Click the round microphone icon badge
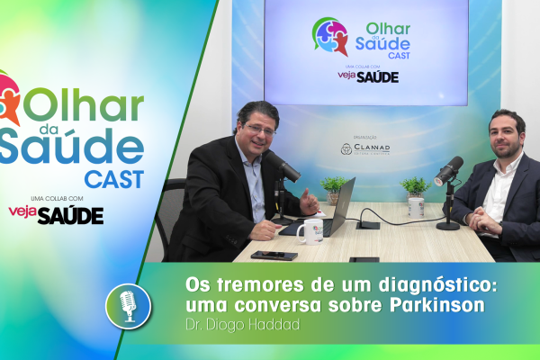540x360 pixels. click(129, 306)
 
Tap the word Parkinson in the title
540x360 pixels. click(437, 305)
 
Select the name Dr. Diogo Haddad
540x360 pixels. click(243, 325)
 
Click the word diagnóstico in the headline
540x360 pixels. click(438, 285)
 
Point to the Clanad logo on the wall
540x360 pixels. click(365, 148)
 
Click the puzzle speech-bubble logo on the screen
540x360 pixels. click(330, 37)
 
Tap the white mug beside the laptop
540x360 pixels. click(310, 231)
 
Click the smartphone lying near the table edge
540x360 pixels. click(274, 256)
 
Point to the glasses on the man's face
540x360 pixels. click(261, 130)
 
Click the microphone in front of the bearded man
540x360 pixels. click(448, 171)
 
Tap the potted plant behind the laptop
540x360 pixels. click(333, 190)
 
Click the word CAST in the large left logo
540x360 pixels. click(114, 179)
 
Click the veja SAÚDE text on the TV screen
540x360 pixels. click(368, 76)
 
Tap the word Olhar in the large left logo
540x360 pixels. click(84, 104)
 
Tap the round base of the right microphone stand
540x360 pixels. click(448, 226)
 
